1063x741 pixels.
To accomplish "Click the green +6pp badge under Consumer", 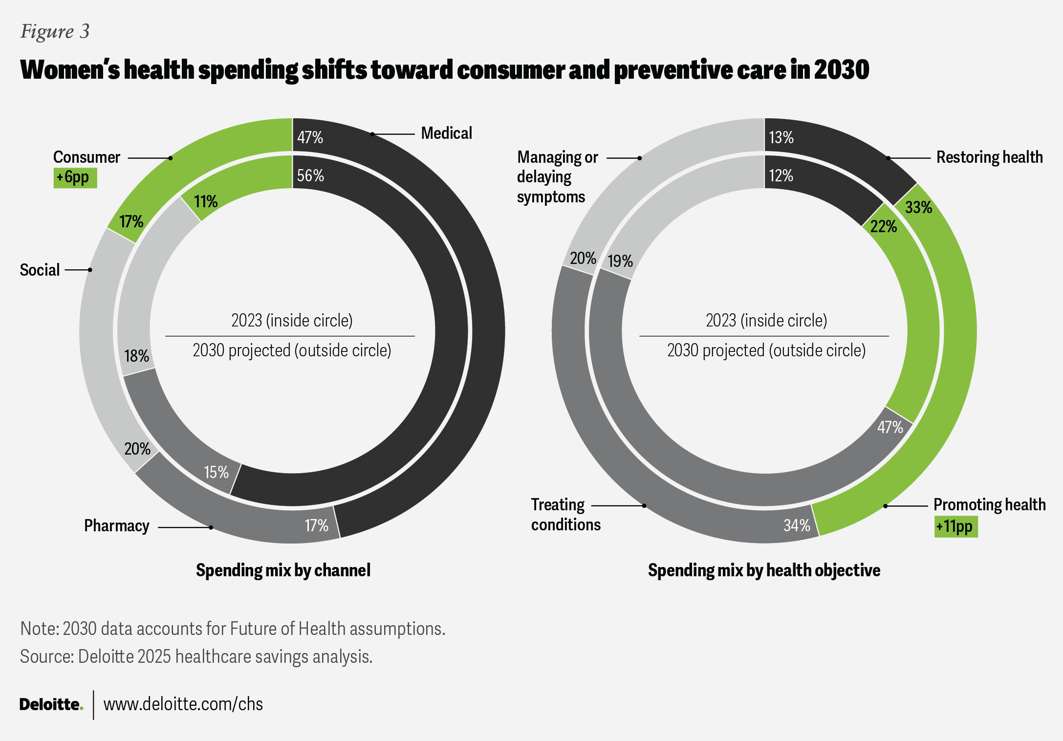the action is [75, 178].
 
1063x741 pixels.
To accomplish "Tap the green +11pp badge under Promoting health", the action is [956, 527].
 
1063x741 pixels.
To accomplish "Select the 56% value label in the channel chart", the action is [310, 175].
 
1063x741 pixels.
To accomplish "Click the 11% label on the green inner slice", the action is [206, 201].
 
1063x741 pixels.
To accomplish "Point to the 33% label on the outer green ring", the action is [919, 207].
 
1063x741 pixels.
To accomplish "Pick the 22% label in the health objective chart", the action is [884, 226].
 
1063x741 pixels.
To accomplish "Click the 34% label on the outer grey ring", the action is [797, 525].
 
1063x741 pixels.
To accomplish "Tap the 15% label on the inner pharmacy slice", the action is [216, 472].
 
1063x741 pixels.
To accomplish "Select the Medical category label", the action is [447, 133].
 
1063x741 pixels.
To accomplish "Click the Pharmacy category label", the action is [117, 525].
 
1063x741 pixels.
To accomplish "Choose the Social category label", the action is [40, 270].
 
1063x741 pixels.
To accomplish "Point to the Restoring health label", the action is [990, 157].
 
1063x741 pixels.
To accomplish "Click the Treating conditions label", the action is [566, 514].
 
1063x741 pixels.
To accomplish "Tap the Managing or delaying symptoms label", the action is [558, 177].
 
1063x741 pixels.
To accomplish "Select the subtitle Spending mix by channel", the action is [283, 570].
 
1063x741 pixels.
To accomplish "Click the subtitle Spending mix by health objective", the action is [764, 570].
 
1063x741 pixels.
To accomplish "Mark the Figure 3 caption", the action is [55, 32].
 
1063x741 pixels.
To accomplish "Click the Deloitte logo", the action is [51, 704].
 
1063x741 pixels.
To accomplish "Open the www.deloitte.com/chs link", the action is [183, 704].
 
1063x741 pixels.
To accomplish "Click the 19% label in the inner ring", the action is [620, 261].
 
